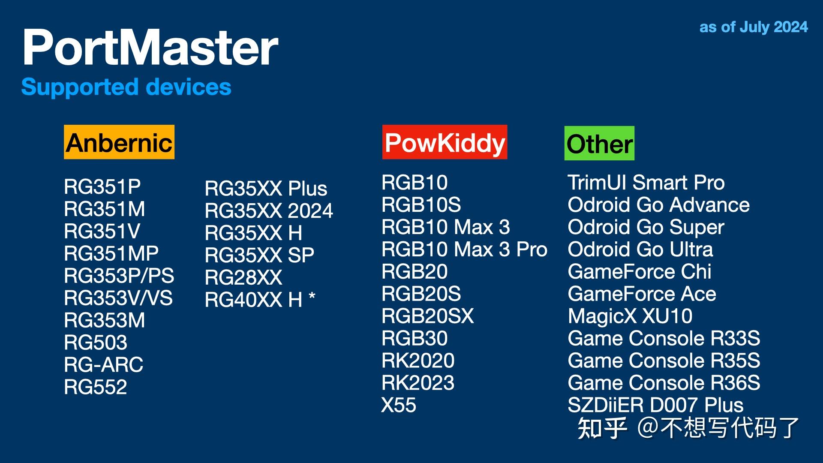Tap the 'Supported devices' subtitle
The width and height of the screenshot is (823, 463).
[126, 87]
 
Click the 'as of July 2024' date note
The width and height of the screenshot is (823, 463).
[753, 27]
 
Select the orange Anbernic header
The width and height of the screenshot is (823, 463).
[119, 142]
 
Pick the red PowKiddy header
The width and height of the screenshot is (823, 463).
[445, 142]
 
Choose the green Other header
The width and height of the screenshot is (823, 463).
[599, 144]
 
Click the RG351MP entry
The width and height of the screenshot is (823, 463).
[111, 253]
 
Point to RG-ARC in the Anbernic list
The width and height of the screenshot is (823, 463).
[103, 365]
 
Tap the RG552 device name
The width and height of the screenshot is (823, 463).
[95, 387]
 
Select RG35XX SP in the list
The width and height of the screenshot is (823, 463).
[259, 256]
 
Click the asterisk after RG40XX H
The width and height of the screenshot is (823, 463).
[312, 297]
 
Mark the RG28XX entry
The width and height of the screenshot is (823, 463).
[243, 278]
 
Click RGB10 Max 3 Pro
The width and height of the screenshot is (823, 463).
[464, 250]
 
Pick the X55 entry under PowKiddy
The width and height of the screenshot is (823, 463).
[399, 405]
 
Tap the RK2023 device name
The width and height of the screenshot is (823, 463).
[418, 383]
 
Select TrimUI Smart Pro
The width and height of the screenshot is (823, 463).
[646, 183]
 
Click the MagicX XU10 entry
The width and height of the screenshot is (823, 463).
[630, 316]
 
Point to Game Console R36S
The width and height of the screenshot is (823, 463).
[664, 383]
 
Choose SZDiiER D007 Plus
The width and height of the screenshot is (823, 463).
[655, 405]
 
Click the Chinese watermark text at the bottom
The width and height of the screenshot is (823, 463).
[688, 428]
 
